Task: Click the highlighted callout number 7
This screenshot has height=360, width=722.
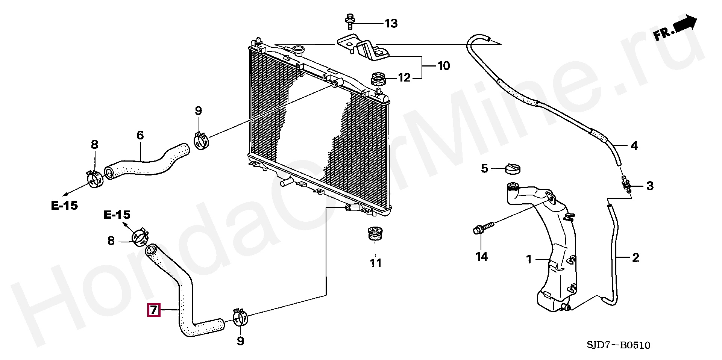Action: [153, 310]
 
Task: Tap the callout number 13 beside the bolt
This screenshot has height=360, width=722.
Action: [391, 24]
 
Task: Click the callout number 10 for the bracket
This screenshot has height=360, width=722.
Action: [444, 66]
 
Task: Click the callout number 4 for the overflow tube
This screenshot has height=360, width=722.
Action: [634, 146]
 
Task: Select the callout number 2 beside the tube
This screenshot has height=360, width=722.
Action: [636, 258]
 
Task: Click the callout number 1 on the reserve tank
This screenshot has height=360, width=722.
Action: [529, 259]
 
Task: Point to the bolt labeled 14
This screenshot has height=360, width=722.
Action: [483, 228]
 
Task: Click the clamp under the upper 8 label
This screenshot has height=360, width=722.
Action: [95, 178]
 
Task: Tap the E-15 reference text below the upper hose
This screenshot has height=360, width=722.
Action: [65, 205]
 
